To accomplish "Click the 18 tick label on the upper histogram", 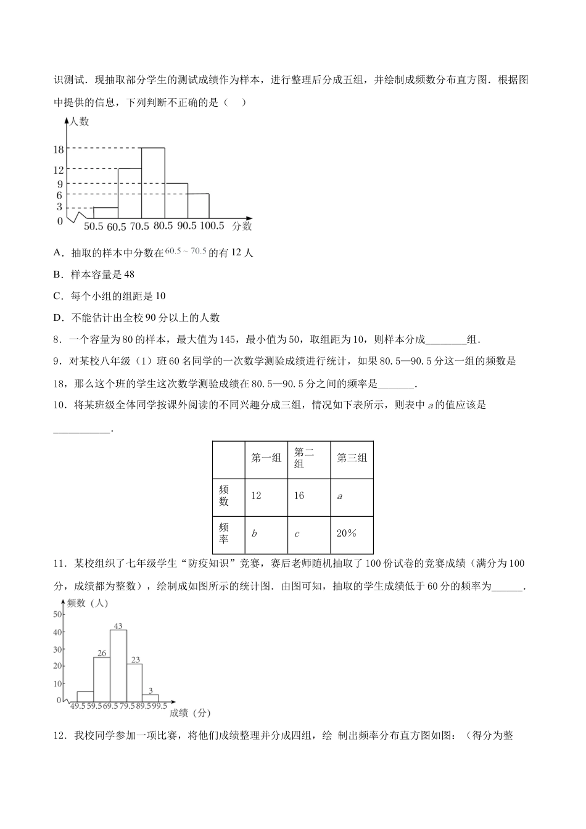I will (x=59, y=149).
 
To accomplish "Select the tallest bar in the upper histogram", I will (x=153, y=183).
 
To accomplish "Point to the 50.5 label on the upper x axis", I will (x=93, y=226).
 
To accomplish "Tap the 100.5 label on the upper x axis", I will (x=212, y=226).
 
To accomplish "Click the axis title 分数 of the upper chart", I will (x=242, y=226).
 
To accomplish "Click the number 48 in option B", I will (x=129, y=274).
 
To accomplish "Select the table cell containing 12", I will (x=257, y=496).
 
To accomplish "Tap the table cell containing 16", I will (x=299, y=496).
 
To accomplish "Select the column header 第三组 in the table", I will (x=352, y=458).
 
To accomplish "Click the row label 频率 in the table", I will (x=224, y=534).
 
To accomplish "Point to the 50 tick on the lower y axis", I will (x=57, y=614).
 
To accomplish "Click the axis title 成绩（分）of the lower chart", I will (x=189, y=713).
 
